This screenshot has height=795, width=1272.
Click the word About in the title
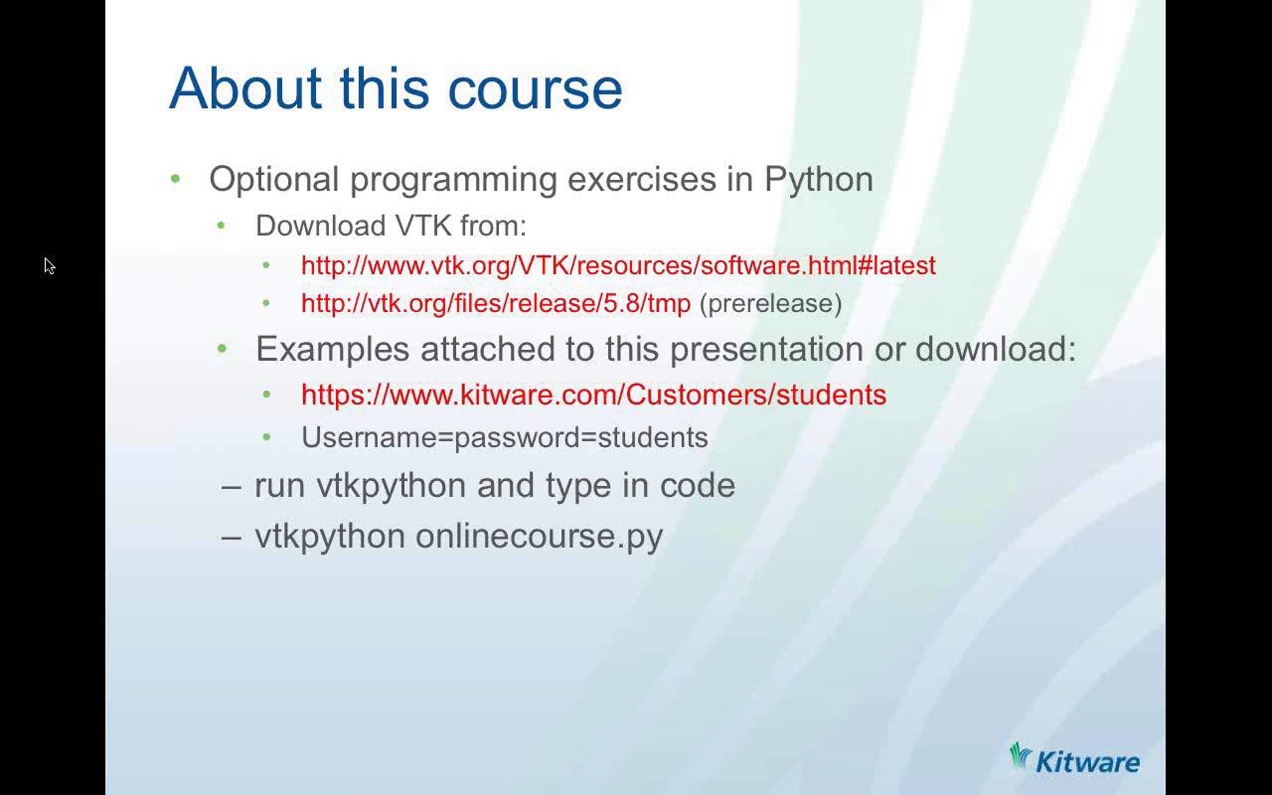pos(245,89)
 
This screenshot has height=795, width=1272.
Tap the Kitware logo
pos(1074,758)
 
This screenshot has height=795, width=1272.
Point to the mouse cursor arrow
pos(49,266)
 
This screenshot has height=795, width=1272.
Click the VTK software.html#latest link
pos(619,266)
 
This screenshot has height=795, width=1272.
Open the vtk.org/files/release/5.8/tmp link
pos(496,304)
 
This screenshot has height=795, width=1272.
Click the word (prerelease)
pos(771,304)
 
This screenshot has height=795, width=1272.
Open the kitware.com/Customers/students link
pos(594,395)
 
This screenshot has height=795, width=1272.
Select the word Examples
pos(332,349)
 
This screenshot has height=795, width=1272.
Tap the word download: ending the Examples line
pos(996,349)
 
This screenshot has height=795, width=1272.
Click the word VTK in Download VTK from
pos(422,226)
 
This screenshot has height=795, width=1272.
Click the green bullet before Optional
pos(175,179)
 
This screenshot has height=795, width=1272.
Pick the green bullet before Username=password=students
pos(267,437)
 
